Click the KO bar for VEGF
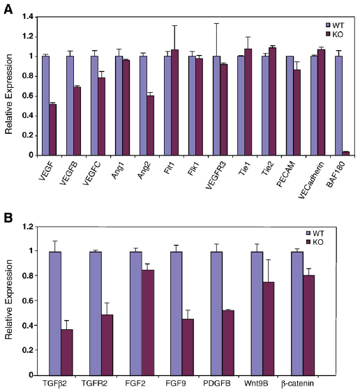[x=53, y=130]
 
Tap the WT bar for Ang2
[x=143, y=106]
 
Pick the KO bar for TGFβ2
[x=67, y=352]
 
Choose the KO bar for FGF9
[x=188, y=347]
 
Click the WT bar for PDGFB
[x=216, y=313]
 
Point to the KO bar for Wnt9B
[x=268, y=329]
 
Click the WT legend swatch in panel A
[x=328, y=25]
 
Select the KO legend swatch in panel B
[x=308, y=242]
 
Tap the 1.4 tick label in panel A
[x=29, y=17]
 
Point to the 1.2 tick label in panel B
[x=28, y=227]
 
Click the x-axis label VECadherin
[x=311, y=179]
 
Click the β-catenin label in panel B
[x=297, y=384]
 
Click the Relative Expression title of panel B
[x=9, y=299]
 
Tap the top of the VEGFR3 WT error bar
[x=216, y=23]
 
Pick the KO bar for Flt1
[x=175, y=103]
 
